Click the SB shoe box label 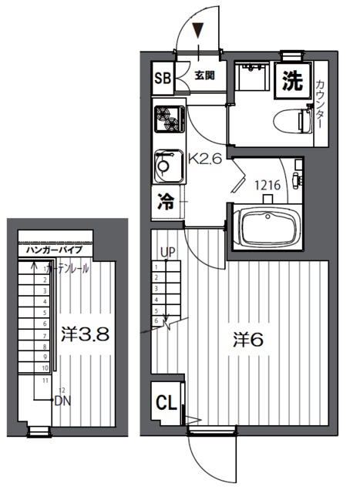[163, 77]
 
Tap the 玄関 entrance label [204, 75]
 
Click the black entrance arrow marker [199, 31]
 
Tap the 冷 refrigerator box [165, 203]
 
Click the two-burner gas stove [167, 119]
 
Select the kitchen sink [167, 163]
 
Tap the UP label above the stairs [167, 252]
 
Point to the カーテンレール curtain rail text [69, 269]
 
